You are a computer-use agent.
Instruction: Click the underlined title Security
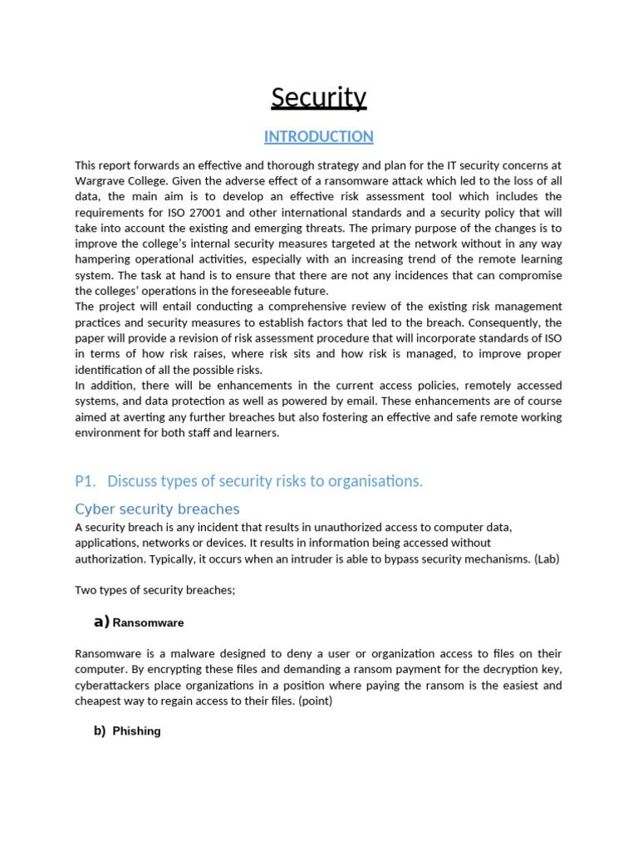318,98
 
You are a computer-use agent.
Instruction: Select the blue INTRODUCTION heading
318,136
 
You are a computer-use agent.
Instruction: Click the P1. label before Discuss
86,481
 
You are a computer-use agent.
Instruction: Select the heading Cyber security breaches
157,509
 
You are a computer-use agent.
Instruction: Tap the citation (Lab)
547,558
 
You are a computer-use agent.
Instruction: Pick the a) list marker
101,622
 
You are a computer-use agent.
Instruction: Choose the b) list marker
100,731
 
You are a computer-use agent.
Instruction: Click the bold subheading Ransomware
148,622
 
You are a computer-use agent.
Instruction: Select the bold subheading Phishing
136,731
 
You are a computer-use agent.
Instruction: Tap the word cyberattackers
116,686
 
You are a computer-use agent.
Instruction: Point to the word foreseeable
257,291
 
